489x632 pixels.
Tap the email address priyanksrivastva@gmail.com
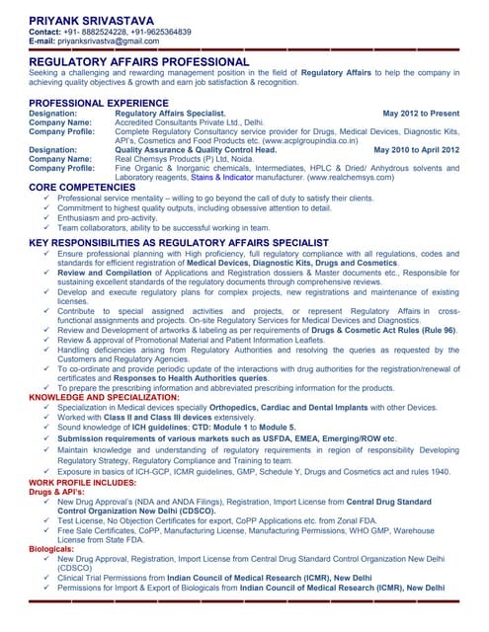(x=108, y=41)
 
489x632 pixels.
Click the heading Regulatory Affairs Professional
(x=138, y=62)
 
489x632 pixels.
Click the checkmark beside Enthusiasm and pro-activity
(x=48, y=217)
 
